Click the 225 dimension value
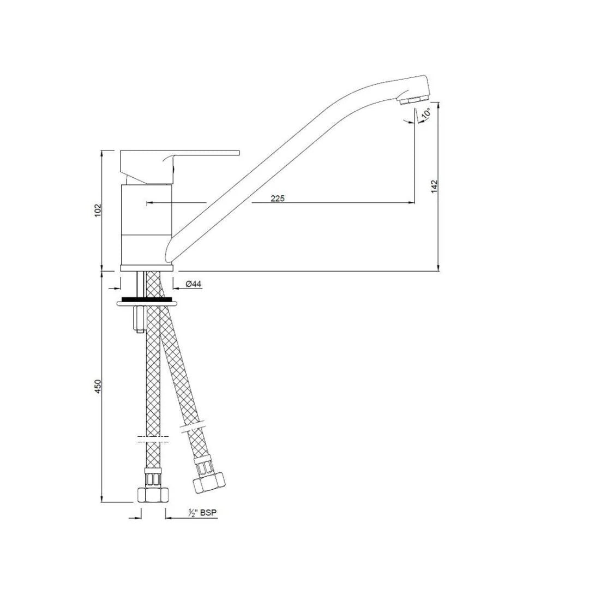tap(278, 199)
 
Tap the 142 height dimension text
tap(435, 187)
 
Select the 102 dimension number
tap(98, 211)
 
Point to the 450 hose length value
tap(98, 387)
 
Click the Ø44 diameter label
tap(194, 284)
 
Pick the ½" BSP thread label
tap(203, 513)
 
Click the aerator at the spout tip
tap(413, 100)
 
